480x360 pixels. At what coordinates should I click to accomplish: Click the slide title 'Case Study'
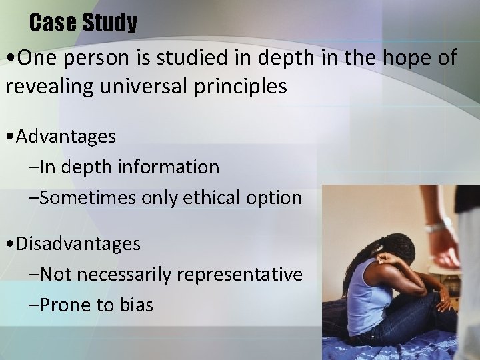click(83, 23)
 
